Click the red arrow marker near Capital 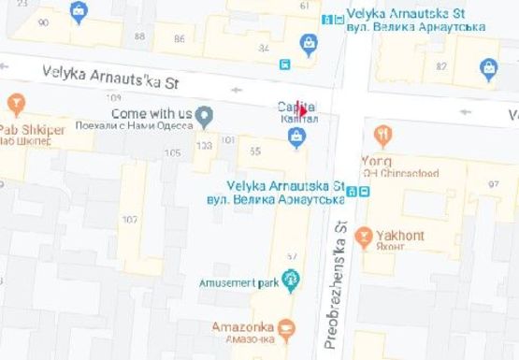(x=301, y=110)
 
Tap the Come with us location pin (x=205, y=116)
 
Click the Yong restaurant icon (x=382, y=136)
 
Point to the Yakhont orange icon (x=366, y=236)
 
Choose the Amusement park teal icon (x=291, y=278)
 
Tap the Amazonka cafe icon (x=286, y=327)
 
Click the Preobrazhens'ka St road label (x=334, y=281)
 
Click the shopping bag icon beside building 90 (x=79, y=12)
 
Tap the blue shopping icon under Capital (x=296, y=138)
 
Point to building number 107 (x=129, y=220)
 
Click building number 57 (x=291, y=256)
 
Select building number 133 (x=204, y=145)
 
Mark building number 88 (x=140, y=36)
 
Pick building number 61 (x=304, y=6)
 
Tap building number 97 (x=493, y=183)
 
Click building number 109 (x=114, y=97)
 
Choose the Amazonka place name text (x=242, y=326)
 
